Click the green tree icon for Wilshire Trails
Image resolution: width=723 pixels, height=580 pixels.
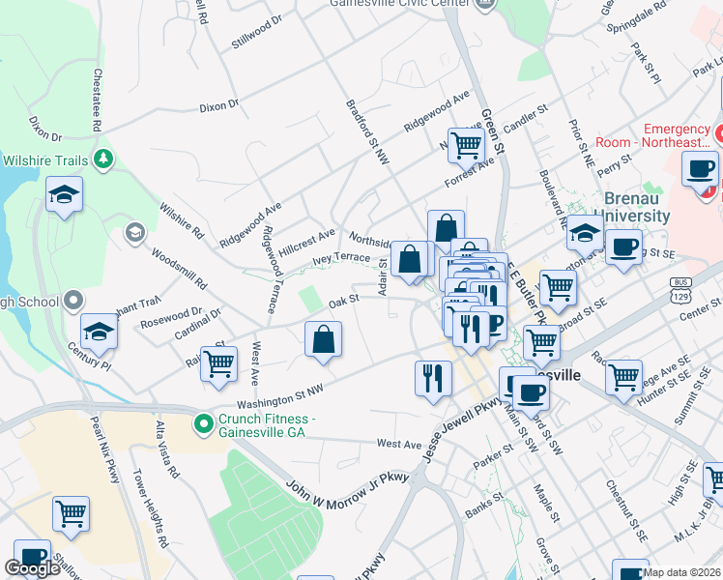coord(102,159)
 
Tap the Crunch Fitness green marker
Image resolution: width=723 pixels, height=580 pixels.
coord(203,423)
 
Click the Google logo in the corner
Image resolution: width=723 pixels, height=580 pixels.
coord(32,568)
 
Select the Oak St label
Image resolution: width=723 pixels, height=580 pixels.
coord(343,301)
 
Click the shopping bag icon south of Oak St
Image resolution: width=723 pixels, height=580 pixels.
coord(323,340)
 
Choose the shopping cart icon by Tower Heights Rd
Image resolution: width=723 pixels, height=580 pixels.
coord(71,514)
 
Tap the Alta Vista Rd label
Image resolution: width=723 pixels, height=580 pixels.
coord(167,449)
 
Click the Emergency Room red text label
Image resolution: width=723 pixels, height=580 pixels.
coord(677,135)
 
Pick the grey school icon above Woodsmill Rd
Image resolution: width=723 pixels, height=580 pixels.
coord(134,232)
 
